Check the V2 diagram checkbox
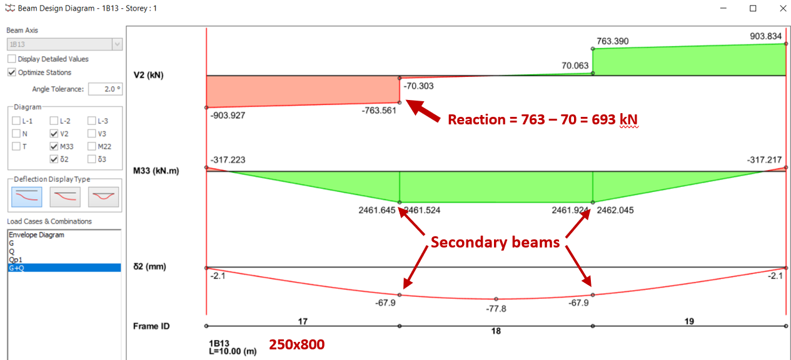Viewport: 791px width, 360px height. click(54, 134)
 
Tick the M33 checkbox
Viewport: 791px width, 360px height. click(54, 146)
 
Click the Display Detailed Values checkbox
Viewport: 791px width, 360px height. click(12, 59)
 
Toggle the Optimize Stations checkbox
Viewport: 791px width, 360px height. click(12, 72)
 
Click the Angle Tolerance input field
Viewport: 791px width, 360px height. click(105, 89)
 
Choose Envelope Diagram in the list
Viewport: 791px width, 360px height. click(36, 235)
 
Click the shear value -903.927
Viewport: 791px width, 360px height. click(228, 116)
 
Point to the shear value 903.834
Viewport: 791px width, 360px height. click(766, 36)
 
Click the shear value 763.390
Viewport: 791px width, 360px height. click(613, 42)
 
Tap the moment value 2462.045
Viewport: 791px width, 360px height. click(615, 211)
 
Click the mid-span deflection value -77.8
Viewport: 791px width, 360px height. click(496, 309)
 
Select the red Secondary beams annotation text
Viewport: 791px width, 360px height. click(495, 242)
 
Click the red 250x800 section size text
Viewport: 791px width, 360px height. click(297, 344)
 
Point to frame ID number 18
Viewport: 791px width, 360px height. click(496, 331)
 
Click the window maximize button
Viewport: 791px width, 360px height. click(753, 9)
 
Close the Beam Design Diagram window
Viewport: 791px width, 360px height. click(782, 9)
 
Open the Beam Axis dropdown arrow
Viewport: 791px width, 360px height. click(117, 44)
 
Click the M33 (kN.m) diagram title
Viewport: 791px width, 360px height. click(156, 171)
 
